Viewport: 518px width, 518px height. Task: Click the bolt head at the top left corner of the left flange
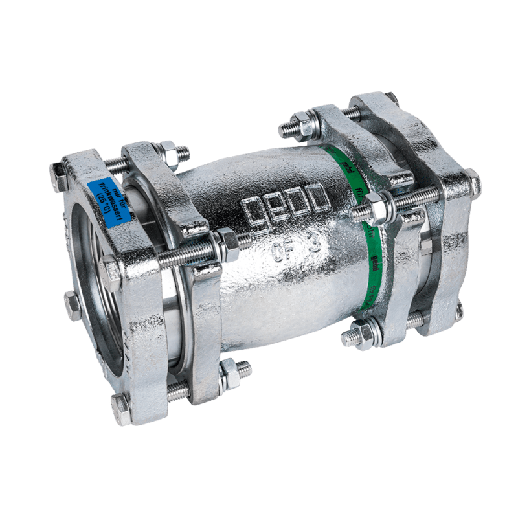[x=58, y=175]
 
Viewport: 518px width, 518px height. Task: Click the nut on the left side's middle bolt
[x=226, y=241]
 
